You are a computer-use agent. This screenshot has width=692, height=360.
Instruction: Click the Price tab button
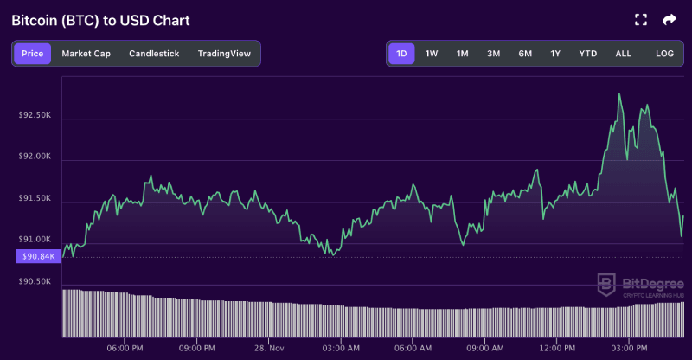[x=32, y=54]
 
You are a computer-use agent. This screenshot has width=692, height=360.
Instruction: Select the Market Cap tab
[x=86, y=54]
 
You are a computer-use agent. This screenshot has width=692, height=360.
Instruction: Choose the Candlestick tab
[x=154, y=54]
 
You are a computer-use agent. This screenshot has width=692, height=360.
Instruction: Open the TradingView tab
[x=224, y=54]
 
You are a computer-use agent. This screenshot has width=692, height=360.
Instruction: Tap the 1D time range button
[x=401, y=54]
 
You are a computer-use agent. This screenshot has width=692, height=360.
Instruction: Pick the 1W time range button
[x=432, y=54]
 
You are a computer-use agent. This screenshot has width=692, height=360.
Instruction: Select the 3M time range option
[x=493, y=54]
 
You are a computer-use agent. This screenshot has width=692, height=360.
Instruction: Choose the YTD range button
[x=587, y=54]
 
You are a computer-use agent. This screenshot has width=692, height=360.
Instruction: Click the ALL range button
[x=623, y=54]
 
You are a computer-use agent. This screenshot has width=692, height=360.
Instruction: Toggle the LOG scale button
[x=664, y=54]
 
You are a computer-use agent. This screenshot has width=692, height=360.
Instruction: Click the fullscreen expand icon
[x=641, y=19]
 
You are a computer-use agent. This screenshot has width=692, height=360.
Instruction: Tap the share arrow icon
[x=670, y=19]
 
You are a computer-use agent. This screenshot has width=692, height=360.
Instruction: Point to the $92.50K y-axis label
[x=35, y=114]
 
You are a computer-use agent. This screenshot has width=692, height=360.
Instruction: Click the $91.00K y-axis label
[x=35, y=239]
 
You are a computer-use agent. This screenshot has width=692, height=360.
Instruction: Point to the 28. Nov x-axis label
[x=270, y=348]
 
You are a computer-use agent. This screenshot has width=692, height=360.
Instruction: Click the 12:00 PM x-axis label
[x=557, y=348]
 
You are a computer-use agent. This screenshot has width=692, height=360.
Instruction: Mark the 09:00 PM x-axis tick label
[x=197, y=348]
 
